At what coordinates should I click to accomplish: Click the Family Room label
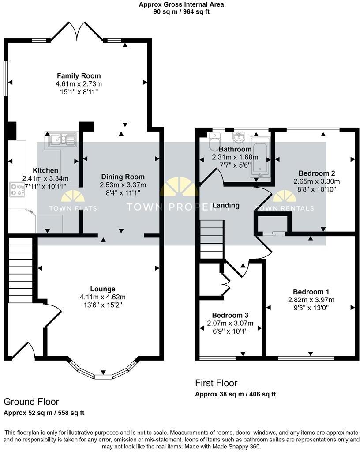point(79,76)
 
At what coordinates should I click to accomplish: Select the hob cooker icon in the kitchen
point(17,190)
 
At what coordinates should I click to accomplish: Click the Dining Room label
point(123,177)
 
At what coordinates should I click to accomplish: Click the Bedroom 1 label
point(311,292)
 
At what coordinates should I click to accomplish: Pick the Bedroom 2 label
point(317,173)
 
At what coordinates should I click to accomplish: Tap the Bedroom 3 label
point(230,315)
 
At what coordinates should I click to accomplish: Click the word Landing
point(226,205)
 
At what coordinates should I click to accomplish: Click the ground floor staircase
point(20,269)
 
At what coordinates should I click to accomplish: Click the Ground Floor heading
point(31,402)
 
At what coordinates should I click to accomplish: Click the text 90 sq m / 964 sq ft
point(181,12)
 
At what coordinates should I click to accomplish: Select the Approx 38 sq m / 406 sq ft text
point(235,394)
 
